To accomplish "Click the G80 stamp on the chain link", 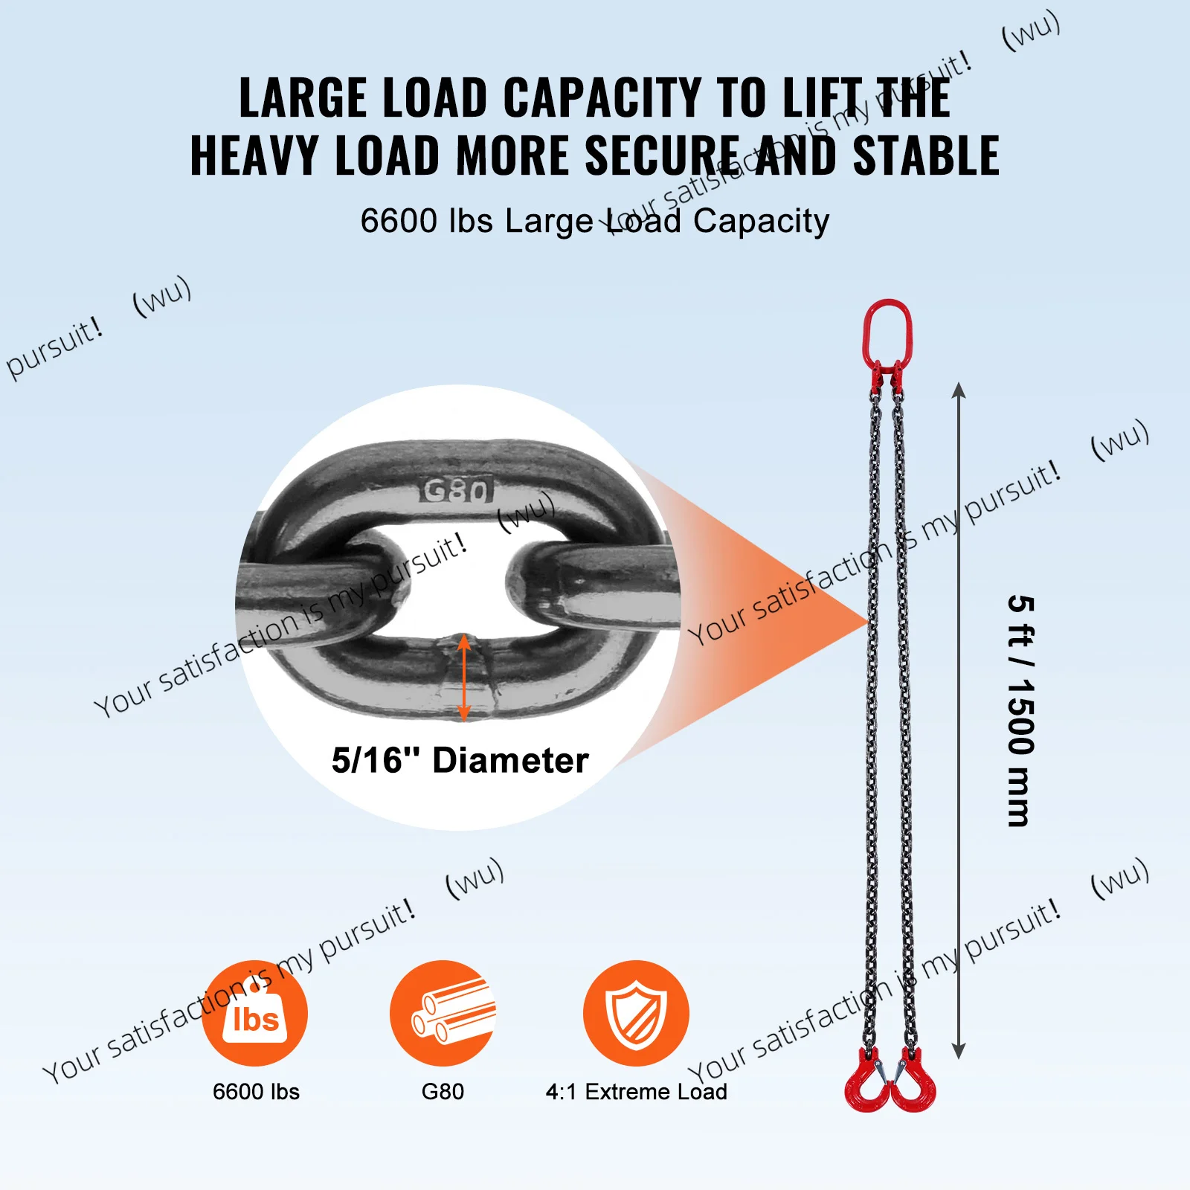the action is pyautogui.click(x=457, y=490).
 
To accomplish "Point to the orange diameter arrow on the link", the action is pyautogui.click(x=464, y=678).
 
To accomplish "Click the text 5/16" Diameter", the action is pyautogui.click(x=460, y=760).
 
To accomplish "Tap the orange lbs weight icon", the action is pyautogui.click(x=254, y=1013).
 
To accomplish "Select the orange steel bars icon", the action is pyautogui.click(x=443, y=1013).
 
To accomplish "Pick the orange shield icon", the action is pyautogui.click(x=636, y=1013).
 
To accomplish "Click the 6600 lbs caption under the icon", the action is pyautogui.click(x=256, y=1091).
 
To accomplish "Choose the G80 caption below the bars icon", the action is pyautogui.click(x=443, y=1091).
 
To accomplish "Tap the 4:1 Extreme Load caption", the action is pyautogui.click(x=637, y=1091).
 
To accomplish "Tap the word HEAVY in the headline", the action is pyautogui.click(x=254, y=155).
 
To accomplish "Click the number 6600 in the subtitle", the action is pyautogui.click(x=399, y=221).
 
